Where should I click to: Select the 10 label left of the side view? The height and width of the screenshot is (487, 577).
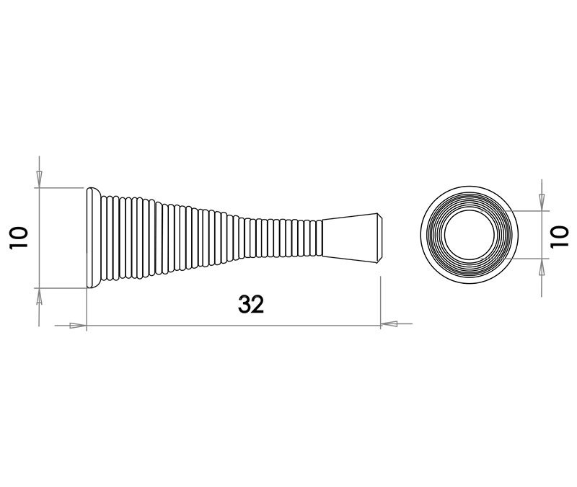[x=19, y=236]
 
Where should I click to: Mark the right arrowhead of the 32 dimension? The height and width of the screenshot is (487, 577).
[x=390, y=324]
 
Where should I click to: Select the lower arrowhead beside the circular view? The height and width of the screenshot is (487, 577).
[x=542, y=267]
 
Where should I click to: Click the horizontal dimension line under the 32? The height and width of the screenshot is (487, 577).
[x=180, y=325]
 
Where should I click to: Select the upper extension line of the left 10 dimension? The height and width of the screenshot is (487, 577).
[x=61, y=187]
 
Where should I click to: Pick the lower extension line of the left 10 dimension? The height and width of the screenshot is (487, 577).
[x=61, y=287]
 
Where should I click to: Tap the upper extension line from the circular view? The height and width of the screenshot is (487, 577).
[x=530, y=212]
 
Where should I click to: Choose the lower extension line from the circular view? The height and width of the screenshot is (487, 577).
[x=530, y=259]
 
